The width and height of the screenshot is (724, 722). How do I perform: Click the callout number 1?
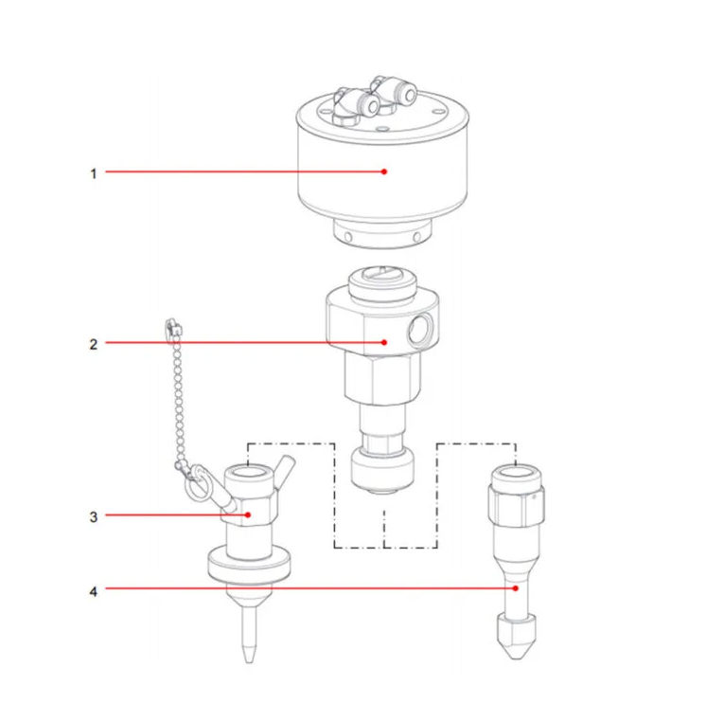tap(94, 173)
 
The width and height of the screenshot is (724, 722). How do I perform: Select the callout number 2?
tap(94, 344)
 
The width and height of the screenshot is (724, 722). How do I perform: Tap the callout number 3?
tap(94, 517)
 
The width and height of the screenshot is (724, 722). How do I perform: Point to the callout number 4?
tap(94, 590)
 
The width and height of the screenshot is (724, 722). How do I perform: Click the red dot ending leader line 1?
tap(384, 171)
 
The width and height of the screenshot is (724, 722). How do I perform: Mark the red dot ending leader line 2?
tap(383, 342)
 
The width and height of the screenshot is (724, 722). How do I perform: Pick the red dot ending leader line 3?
tap(248, 515)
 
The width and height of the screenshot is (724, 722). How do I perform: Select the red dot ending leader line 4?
tap(516, 588)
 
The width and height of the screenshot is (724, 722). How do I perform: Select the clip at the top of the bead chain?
tap(170, 327)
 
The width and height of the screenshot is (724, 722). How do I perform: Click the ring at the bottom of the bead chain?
tap(195, 487)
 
